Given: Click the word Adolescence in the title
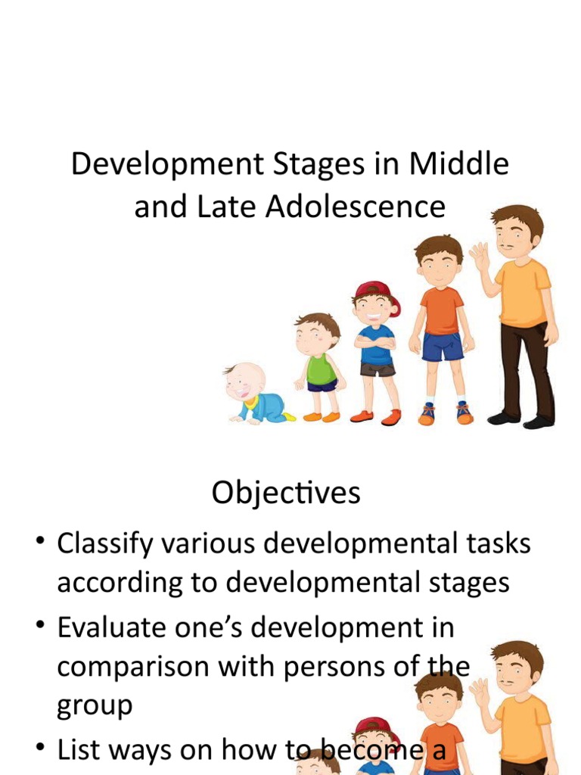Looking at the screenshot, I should pos(356,207).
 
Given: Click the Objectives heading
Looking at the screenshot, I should pos(286,493).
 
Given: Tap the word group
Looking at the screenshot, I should pos(95,706).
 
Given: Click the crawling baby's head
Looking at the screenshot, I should pos(244,381).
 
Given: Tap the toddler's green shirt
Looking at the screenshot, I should pos(321,368).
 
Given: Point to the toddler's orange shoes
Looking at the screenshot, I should pos(321,416).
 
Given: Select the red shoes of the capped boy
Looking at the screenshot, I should pos(376,416).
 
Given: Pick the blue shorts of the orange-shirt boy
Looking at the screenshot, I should pos(442,347).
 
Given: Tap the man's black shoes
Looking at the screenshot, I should pos(522,420).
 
